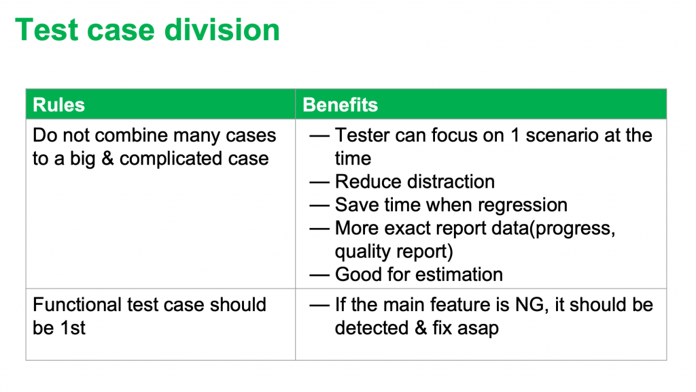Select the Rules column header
click(58, 105)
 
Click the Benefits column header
click(340, 105)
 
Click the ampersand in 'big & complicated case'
click(108, 159)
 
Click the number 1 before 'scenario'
click(515, 135)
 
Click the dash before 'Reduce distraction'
click(319, 182)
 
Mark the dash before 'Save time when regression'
click(319, 206)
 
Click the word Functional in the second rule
click(77, 305)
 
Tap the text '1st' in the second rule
click(73, 328)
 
